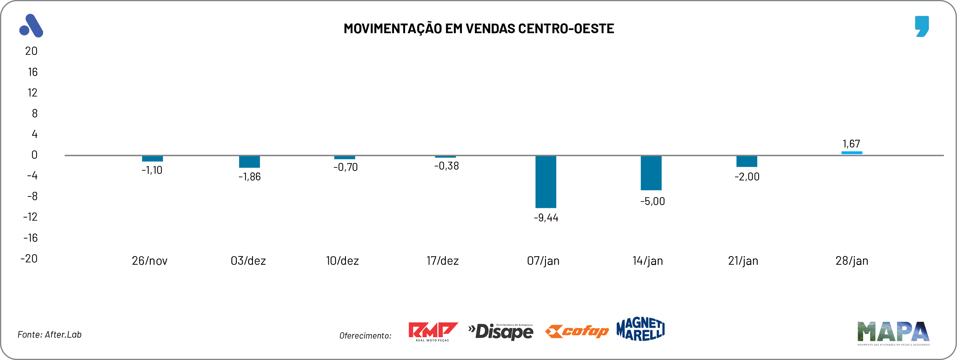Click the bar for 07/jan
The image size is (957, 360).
[545, 182]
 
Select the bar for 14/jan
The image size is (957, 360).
[651, 173]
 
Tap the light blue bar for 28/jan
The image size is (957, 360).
[852, 153]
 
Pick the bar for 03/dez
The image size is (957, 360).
[249, 162]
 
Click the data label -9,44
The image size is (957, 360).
[546, 218]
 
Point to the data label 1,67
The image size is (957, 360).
[851, 144]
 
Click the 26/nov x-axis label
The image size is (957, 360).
[150, 261]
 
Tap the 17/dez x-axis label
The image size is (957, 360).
[443, 261]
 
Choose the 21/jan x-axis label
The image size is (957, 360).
[743, 261]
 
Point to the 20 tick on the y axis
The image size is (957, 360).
[31, 51]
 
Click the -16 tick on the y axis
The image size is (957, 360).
[31, 238]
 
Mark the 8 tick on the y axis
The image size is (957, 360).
[34, 113]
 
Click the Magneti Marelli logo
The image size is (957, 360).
[641, 329]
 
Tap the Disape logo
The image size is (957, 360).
[501, 331]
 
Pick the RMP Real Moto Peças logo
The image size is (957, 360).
[433, 331]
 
